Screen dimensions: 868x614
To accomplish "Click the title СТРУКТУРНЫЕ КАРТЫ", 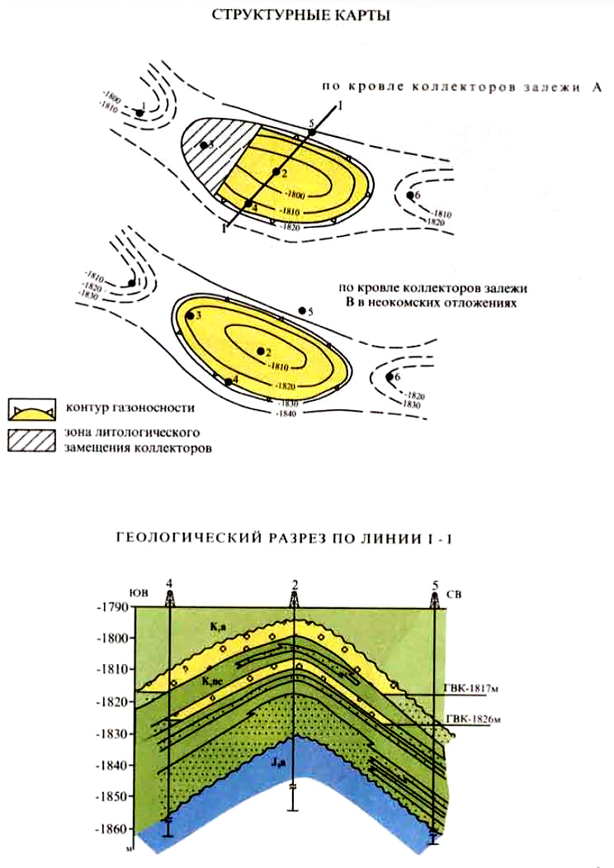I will click(x=306, y=17).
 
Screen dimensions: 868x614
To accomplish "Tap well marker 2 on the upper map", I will click(x=276, y=172).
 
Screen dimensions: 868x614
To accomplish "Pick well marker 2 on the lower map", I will click(x=260, y=350).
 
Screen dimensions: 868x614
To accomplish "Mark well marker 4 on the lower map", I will click(x=229, y=380).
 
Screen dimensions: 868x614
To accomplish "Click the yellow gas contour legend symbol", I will click(x=31, y=408).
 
